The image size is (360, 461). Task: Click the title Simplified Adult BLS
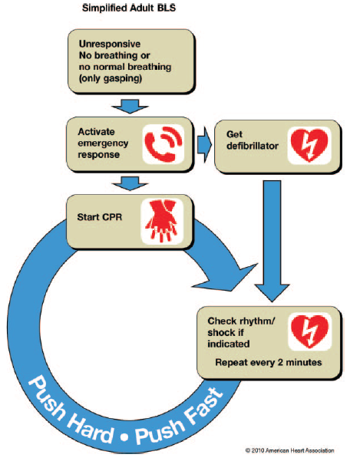point(129,8)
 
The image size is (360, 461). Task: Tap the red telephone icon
point(163,144)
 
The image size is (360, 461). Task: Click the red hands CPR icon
point(161,222)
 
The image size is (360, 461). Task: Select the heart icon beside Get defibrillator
point(309,145)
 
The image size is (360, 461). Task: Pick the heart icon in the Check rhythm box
point(309,331)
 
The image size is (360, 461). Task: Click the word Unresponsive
point(110,44)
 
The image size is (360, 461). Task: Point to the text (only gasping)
point(111,78)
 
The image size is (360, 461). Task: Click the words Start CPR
point(100,217)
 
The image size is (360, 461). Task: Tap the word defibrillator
point(253,146)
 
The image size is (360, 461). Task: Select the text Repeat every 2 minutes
point(269,362)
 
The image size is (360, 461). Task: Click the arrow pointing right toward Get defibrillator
point(204,145)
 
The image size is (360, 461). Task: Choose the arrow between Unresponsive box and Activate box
point(130,106)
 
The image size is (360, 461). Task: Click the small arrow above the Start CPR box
point(130,183)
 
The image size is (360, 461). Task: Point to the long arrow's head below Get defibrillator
point(272,292)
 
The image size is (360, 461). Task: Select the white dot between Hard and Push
point(124,437)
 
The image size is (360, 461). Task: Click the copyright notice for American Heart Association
point(289,450)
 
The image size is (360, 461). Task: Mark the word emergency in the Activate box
point(103,143)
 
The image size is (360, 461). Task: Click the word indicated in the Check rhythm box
point(229,344)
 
